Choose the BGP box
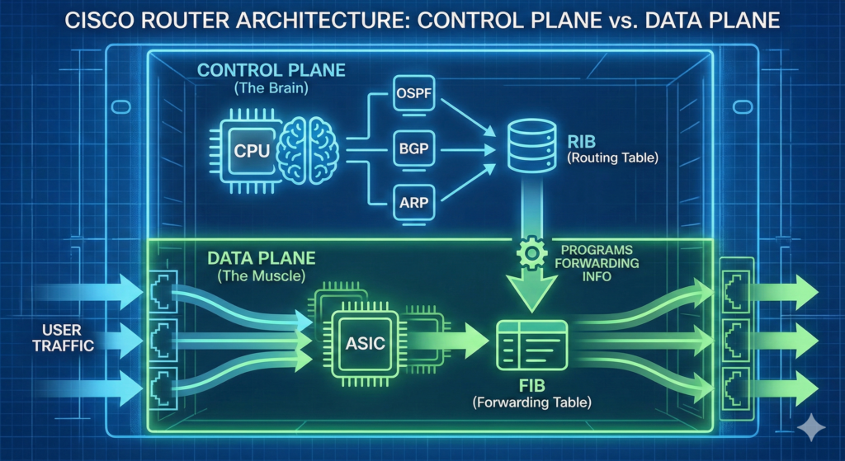[410, 152]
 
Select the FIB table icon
[531, 345]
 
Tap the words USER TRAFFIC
[57, 338]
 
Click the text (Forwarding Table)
[533, 402]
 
